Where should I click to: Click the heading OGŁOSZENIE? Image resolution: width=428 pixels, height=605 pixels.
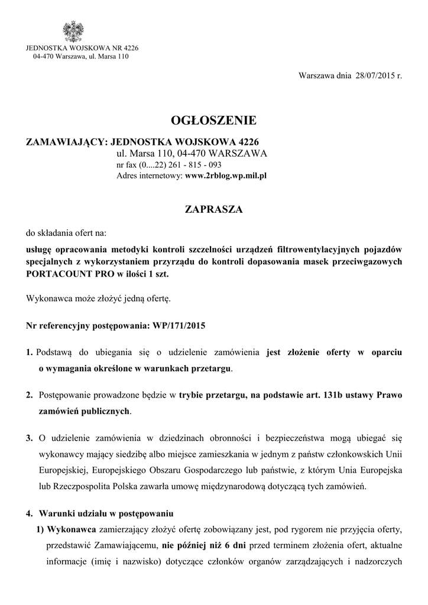tap(213, 121)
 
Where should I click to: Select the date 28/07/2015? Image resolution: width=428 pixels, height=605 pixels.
tap(372, 77)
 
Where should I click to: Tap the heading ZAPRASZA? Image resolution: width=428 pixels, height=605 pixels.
tap(213, 209)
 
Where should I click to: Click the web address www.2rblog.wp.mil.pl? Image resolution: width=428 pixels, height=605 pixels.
tap(227, 176)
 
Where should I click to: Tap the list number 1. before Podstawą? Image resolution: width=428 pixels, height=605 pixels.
tap(30, 353)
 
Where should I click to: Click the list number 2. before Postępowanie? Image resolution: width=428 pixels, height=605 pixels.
tap(30, 393)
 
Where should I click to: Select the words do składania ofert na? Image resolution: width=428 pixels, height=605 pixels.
tap(66, 233)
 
